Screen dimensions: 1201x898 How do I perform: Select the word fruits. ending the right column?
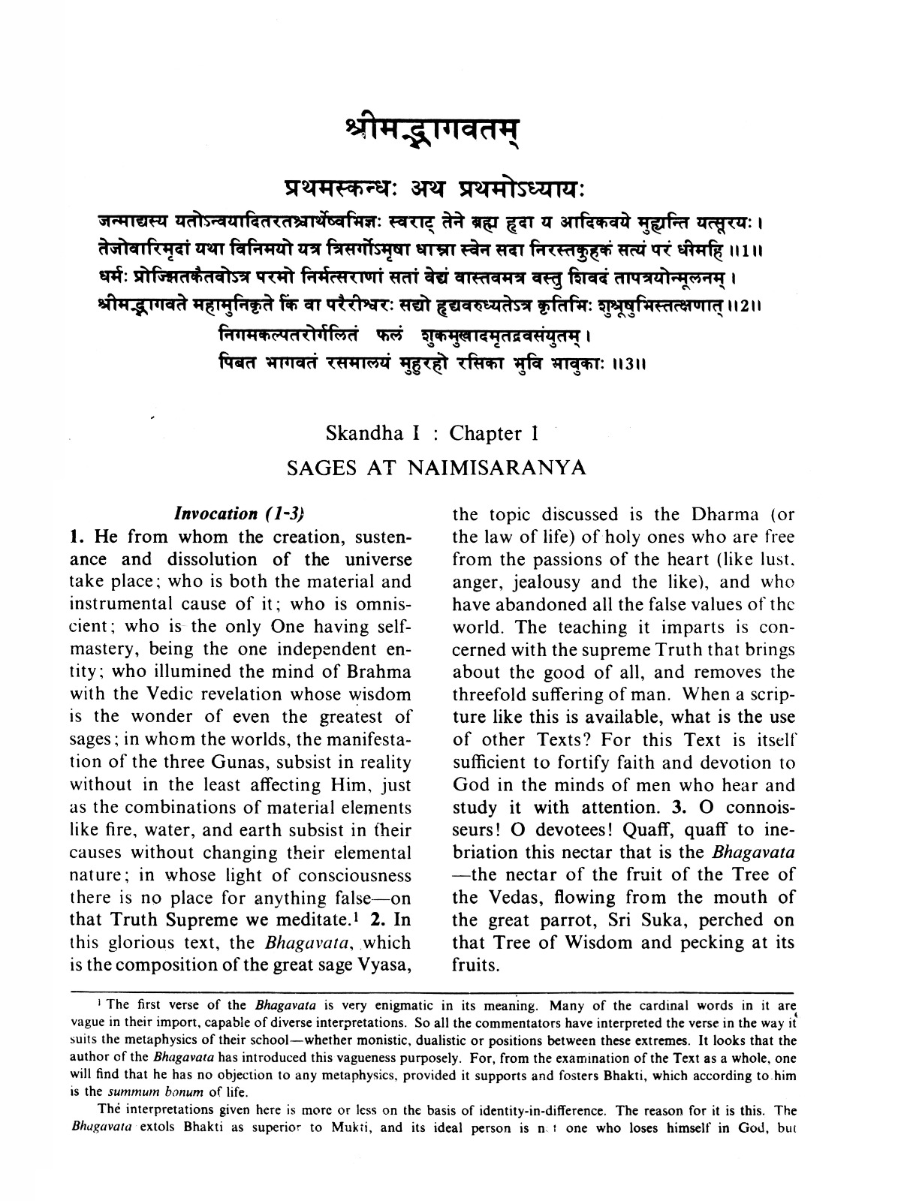(x=476, y=965)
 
